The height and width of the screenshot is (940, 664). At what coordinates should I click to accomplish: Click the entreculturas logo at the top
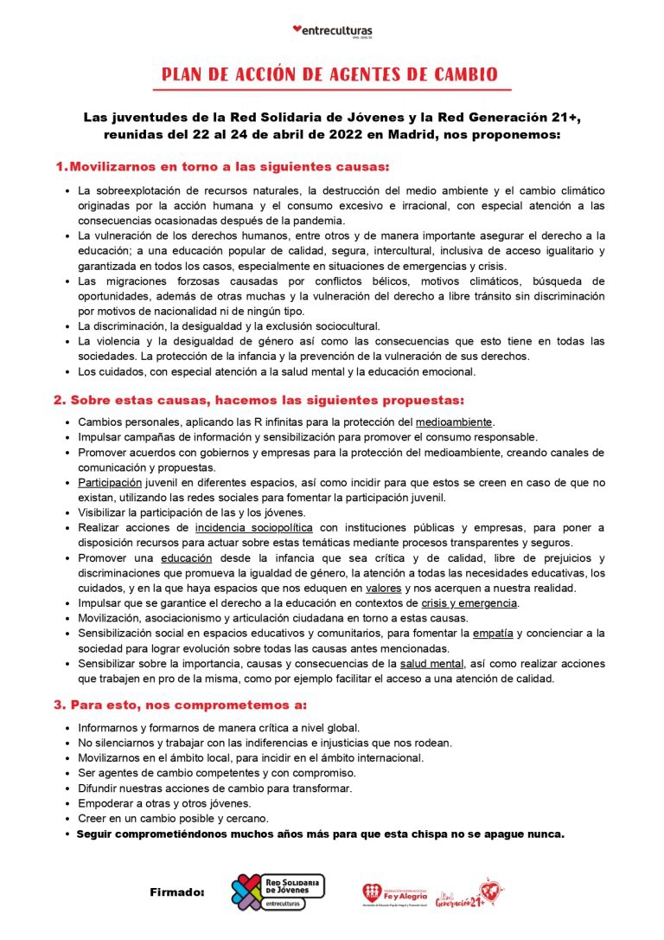point(333,31)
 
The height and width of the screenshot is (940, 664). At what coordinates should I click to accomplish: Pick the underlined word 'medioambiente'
point(454,422)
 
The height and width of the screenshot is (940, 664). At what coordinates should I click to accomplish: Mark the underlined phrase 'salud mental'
point(434,663)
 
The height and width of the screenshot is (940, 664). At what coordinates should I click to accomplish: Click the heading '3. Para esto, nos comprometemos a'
point(180,705)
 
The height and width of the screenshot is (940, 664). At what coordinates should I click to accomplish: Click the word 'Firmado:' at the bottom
point(177,892)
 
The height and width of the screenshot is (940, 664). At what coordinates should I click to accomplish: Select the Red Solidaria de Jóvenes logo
point(278,892)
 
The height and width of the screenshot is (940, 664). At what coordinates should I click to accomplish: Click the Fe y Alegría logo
point(393,892)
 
